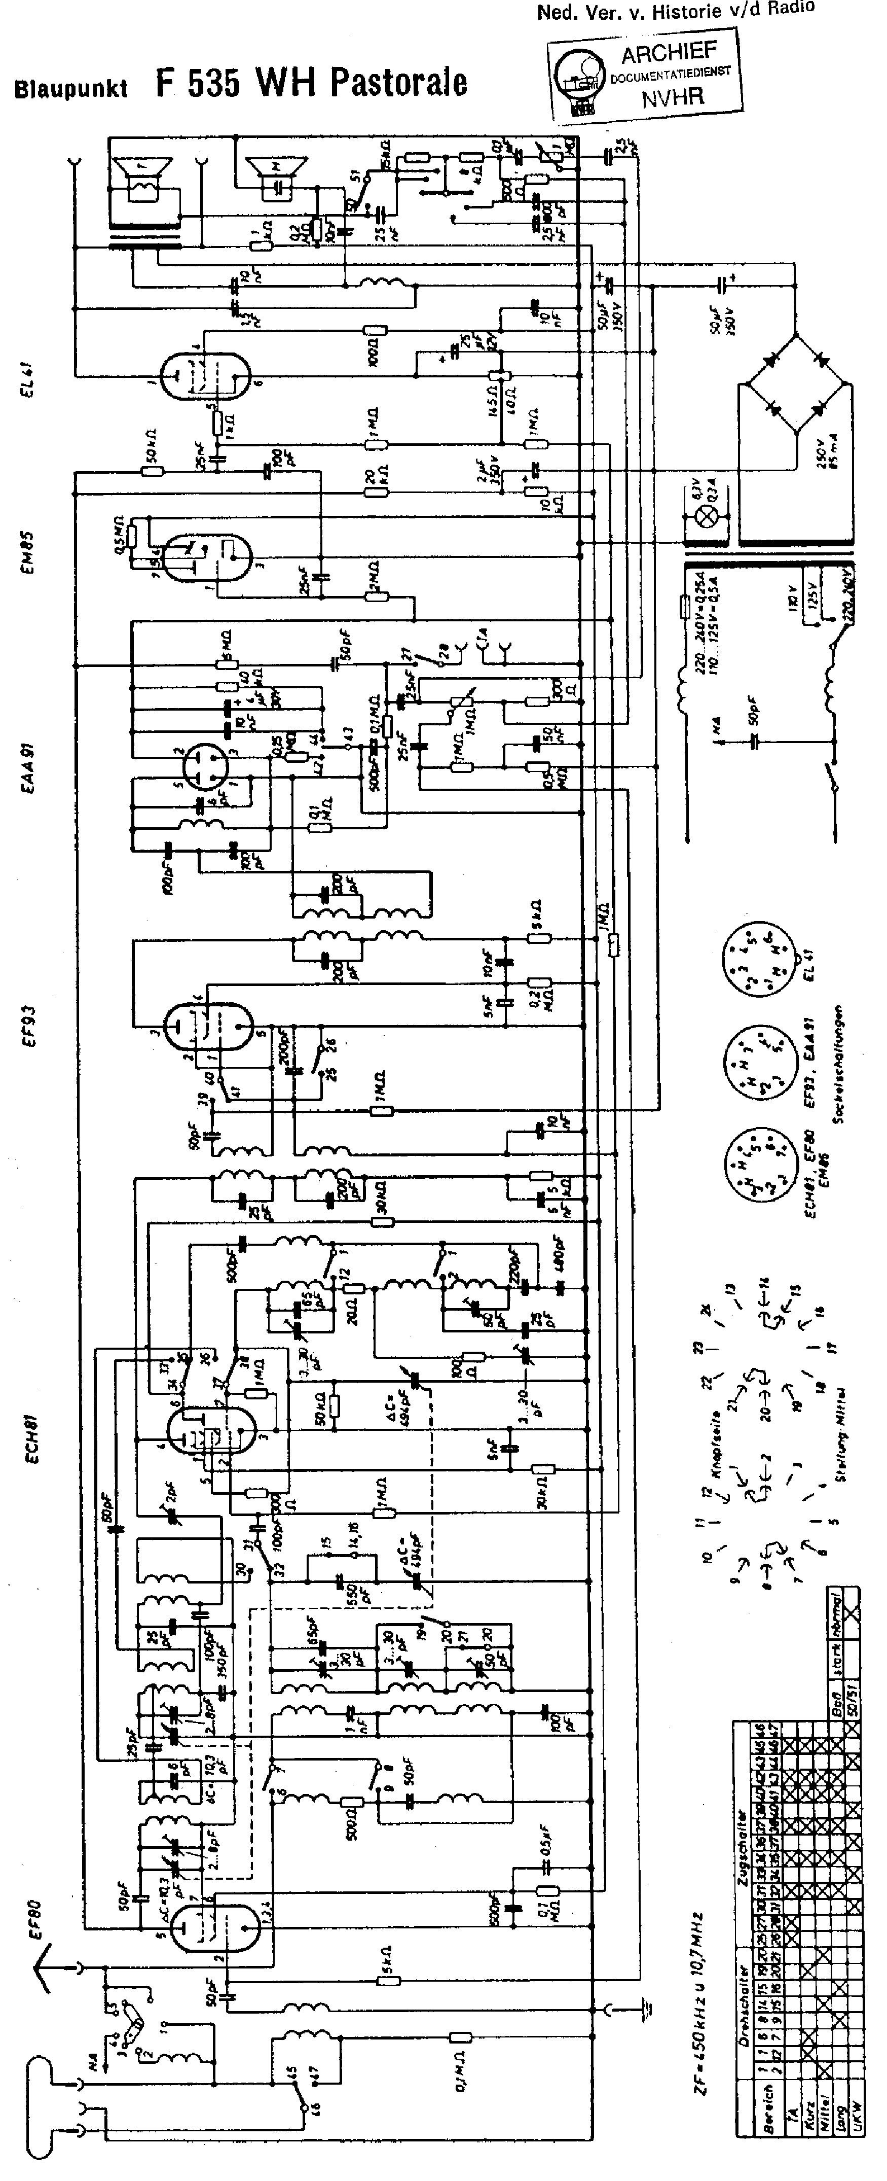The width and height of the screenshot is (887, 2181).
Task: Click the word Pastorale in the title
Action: point(398,83)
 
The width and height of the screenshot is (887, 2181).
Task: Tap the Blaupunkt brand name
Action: point(71,88)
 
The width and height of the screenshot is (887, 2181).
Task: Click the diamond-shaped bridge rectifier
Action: point(796,385)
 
